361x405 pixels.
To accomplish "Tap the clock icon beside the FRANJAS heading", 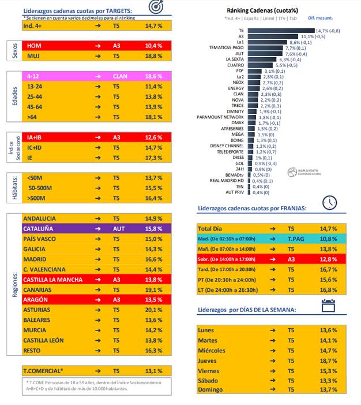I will point(329,203).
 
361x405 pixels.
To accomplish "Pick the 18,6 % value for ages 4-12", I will point(153,76).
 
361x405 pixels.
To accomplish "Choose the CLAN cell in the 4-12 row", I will point(120,76).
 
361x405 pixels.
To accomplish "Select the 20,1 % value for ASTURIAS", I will point(153,310).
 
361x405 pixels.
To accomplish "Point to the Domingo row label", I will point(211,390).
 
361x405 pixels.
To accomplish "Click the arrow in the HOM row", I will point(97,45).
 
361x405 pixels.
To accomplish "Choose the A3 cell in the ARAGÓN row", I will point(116,300).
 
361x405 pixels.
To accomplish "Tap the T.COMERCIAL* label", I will point(43,371).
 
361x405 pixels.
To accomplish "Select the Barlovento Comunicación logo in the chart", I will point(302,172).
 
